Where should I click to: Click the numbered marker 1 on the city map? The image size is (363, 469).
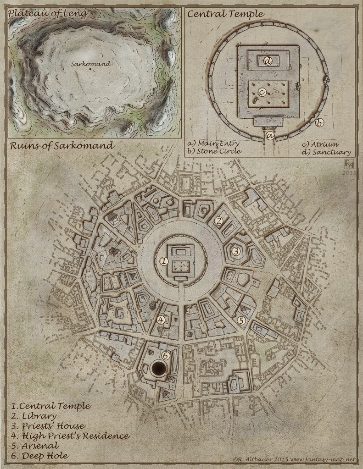click(163, 261)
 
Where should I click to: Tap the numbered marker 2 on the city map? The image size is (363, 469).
click(219, 221)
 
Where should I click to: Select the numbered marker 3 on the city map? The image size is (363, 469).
click(235, 251)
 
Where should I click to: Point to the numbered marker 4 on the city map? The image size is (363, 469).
click(161, 320)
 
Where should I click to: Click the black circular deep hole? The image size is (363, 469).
click(160, 368)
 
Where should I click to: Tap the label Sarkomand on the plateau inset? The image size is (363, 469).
click(91, 64)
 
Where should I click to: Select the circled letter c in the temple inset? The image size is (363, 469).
click(262, 92)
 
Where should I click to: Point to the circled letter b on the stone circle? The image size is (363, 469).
click(320, 122)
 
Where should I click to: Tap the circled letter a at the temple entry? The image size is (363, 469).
click(270, 135)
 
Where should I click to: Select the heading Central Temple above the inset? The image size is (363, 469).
click(225, 14)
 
